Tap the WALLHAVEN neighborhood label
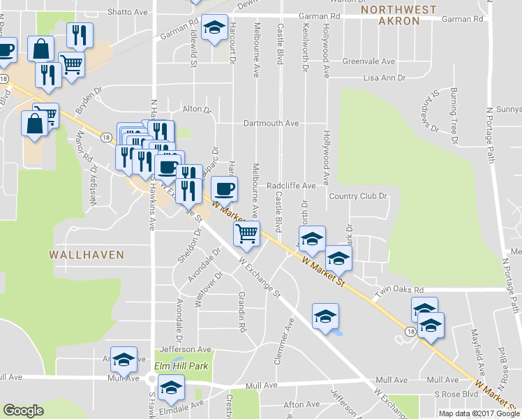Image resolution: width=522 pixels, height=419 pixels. click(87, 255)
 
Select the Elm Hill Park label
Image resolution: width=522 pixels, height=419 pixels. click(181, 366)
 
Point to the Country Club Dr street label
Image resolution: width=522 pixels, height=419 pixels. click(358, 196)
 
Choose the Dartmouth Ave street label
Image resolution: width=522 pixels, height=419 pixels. click(271, 123)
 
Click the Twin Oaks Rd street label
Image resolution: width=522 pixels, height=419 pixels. click(399, 290)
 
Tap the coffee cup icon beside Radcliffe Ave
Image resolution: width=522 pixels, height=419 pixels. click(224, 188)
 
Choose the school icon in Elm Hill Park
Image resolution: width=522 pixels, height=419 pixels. click(170, 387)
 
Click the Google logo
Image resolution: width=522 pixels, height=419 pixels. click(24, 411)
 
